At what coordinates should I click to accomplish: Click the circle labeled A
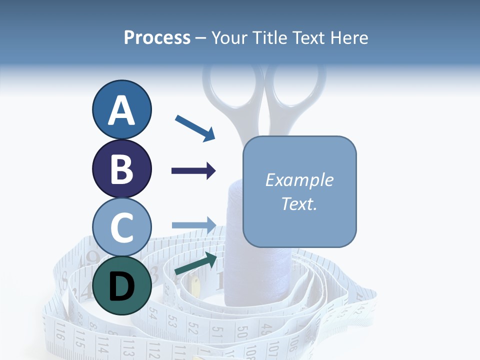click(121, 109)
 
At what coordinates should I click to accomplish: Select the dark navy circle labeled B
click(121, 168)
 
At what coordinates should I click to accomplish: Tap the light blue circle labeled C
click(121, 227)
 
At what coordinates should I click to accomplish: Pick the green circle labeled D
click(121, 285)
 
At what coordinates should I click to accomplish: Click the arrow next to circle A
click(195, 128)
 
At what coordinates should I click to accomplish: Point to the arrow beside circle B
click(193, 171)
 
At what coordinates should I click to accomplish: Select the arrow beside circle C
click(193, 224)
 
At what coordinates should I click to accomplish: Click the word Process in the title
click(157, 38)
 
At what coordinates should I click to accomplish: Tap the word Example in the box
click(299, 180)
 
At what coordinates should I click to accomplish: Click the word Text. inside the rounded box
click(299, 203)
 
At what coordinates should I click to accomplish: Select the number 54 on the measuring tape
click(153, 314)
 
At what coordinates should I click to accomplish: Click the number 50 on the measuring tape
click(242, 332)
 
